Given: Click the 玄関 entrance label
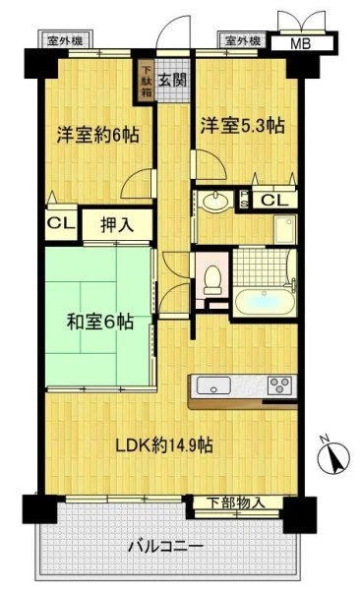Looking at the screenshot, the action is pyautogui.click(x=172, y=80).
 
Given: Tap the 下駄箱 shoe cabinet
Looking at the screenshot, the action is pyautogui.click(x=147, y=81).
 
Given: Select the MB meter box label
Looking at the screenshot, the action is pyautogui.click(x=301, y=43).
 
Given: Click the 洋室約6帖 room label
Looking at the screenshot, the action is pyautogui.click(x=98, y=135).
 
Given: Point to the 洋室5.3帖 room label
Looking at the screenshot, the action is pyautogui.click(x=242, y=125).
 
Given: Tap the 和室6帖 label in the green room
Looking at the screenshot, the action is pyautogui.click(x=100, y=323).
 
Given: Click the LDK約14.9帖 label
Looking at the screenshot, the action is pyautogui.click(x=164, y=445).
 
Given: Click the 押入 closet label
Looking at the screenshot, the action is pyautogui.click(x=117, y=225).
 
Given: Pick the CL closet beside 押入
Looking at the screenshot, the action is pyautogui.click(x=61, y=223).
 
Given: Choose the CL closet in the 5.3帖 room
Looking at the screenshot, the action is pyautogui.click(x=274, y=200).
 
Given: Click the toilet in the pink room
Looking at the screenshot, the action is pyautogui.click(x=212, y=280).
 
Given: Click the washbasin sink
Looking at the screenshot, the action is pyautogui.click(x=215, y=201).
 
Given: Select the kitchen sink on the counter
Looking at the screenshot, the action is pyautogui.click(x=213, y=385).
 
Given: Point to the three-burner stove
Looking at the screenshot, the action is pyautogui.click(x=279, y=384).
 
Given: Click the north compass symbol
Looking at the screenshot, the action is pyautogui.click(x=333, y=456).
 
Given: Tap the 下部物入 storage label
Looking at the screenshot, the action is pyautogui.click(x=237, y=502).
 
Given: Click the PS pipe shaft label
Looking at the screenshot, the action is pyautogui.click(x=244, y=199).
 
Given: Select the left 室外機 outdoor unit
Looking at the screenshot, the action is pyautogui.click(x=65, y=40).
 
